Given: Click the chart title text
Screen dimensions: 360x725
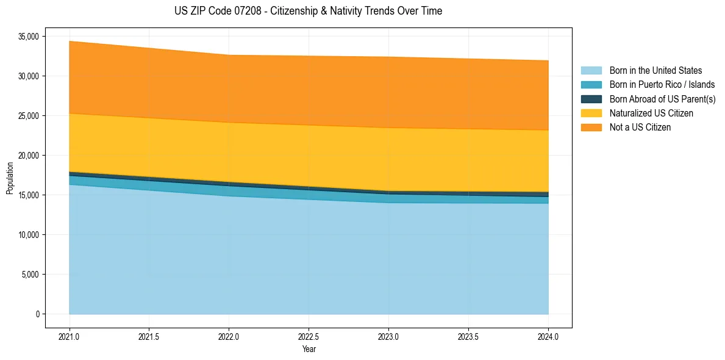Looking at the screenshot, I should click(308, 11).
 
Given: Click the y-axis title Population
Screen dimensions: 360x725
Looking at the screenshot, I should click(10, 178).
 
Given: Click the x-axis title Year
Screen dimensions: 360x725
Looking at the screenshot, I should click(309, 349).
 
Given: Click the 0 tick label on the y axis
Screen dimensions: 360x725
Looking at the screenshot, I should click(37, 314).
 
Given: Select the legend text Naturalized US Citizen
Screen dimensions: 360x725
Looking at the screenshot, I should click(651, 113).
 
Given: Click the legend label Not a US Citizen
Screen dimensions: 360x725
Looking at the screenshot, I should click(640, 128).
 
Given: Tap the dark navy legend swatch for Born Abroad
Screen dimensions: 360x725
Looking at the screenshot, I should click(591, 99).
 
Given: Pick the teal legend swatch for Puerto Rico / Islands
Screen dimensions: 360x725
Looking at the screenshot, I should click(591, 85).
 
